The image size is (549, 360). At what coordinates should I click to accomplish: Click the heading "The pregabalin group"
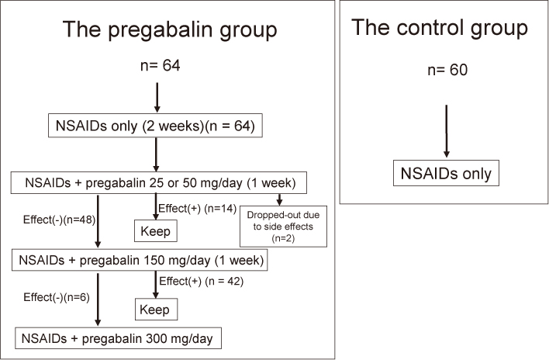[170, 30]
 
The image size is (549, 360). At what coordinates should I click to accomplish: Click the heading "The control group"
[440, 29]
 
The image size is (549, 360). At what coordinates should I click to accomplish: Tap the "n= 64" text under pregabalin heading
[161, 65]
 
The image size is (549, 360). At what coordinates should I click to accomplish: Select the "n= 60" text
[447, 70]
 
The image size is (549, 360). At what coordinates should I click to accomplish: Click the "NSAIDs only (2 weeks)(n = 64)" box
[155, 126]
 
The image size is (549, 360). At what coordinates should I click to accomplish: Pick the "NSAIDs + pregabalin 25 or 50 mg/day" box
[159, 182]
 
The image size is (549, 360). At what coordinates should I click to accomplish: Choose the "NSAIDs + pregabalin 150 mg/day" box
[140, 260]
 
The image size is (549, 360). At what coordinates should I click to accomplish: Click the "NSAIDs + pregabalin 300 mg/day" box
[118, 338]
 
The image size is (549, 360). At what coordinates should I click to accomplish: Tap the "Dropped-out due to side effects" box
[283, 227]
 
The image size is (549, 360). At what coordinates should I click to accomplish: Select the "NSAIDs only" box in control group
[446, 173]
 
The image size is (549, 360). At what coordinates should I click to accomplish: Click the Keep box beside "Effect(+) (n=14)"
[155, 230]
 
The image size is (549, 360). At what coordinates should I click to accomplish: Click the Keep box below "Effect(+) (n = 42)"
[156, 310]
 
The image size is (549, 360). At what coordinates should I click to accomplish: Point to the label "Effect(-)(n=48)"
[59, 220]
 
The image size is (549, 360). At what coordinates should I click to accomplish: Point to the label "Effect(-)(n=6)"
[57, 297]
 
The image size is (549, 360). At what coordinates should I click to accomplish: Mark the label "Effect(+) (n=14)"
[198, 209]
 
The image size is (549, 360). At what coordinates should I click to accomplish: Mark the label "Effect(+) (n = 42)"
[202, 281]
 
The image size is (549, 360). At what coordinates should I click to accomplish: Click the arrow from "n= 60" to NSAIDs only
[446, 131]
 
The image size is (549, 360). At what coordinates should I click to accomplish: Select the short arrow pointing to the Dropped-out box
[279, 199]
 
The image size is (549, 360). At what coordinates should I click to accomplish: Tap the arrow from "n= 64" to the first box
[157, 98]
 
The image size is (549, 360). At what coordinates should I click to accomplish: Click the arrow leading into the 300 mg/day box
[98, 299]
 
